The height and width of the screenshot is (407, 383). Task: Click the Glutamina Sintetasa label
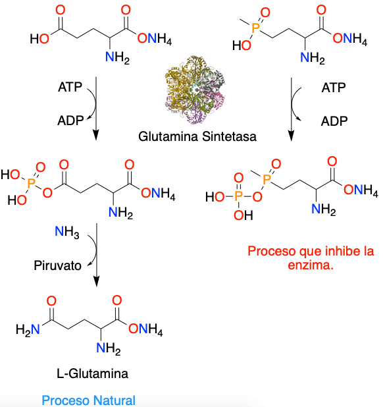197,136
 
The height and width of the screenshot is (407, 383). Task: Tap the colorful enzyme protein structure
195,90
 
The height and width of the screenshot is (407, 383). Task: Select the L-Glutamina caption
92,374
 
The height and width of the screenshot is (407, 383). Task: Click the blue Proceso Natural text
88,400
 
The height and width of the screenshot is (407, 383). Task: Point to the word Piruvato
57,265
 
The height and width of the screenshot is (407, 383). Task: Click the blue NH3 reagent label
67,232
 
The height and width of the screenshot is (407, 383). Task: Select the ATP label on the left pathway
70,87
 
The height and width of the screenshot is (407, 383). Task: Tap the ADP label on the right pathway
334,121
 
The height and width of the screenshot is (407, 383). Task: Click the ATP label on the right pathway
334,88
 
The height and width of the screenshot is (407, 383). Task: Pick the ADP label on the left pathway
70,121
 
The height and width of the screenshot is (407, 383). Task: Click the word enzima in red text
311,265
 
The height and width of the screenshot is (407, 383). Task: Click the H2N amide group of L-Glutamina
28,330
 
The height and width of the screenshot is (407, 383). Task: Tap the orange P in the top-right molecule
256,28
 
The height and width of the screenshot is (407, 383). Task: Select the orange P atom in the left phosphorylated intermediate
31,183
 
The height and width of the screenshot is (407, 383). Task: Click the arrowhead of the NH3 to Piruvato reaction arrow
97,282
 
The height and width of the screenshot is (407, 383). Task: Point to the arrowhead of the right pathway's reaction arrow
292,136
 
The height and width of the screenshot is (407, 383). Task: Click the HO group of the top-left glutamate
39,39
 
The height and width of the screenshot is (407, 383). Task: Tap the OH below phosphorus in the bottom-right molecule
243,215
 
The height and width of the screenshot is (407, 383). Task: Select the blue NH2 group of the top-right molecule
313,57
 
